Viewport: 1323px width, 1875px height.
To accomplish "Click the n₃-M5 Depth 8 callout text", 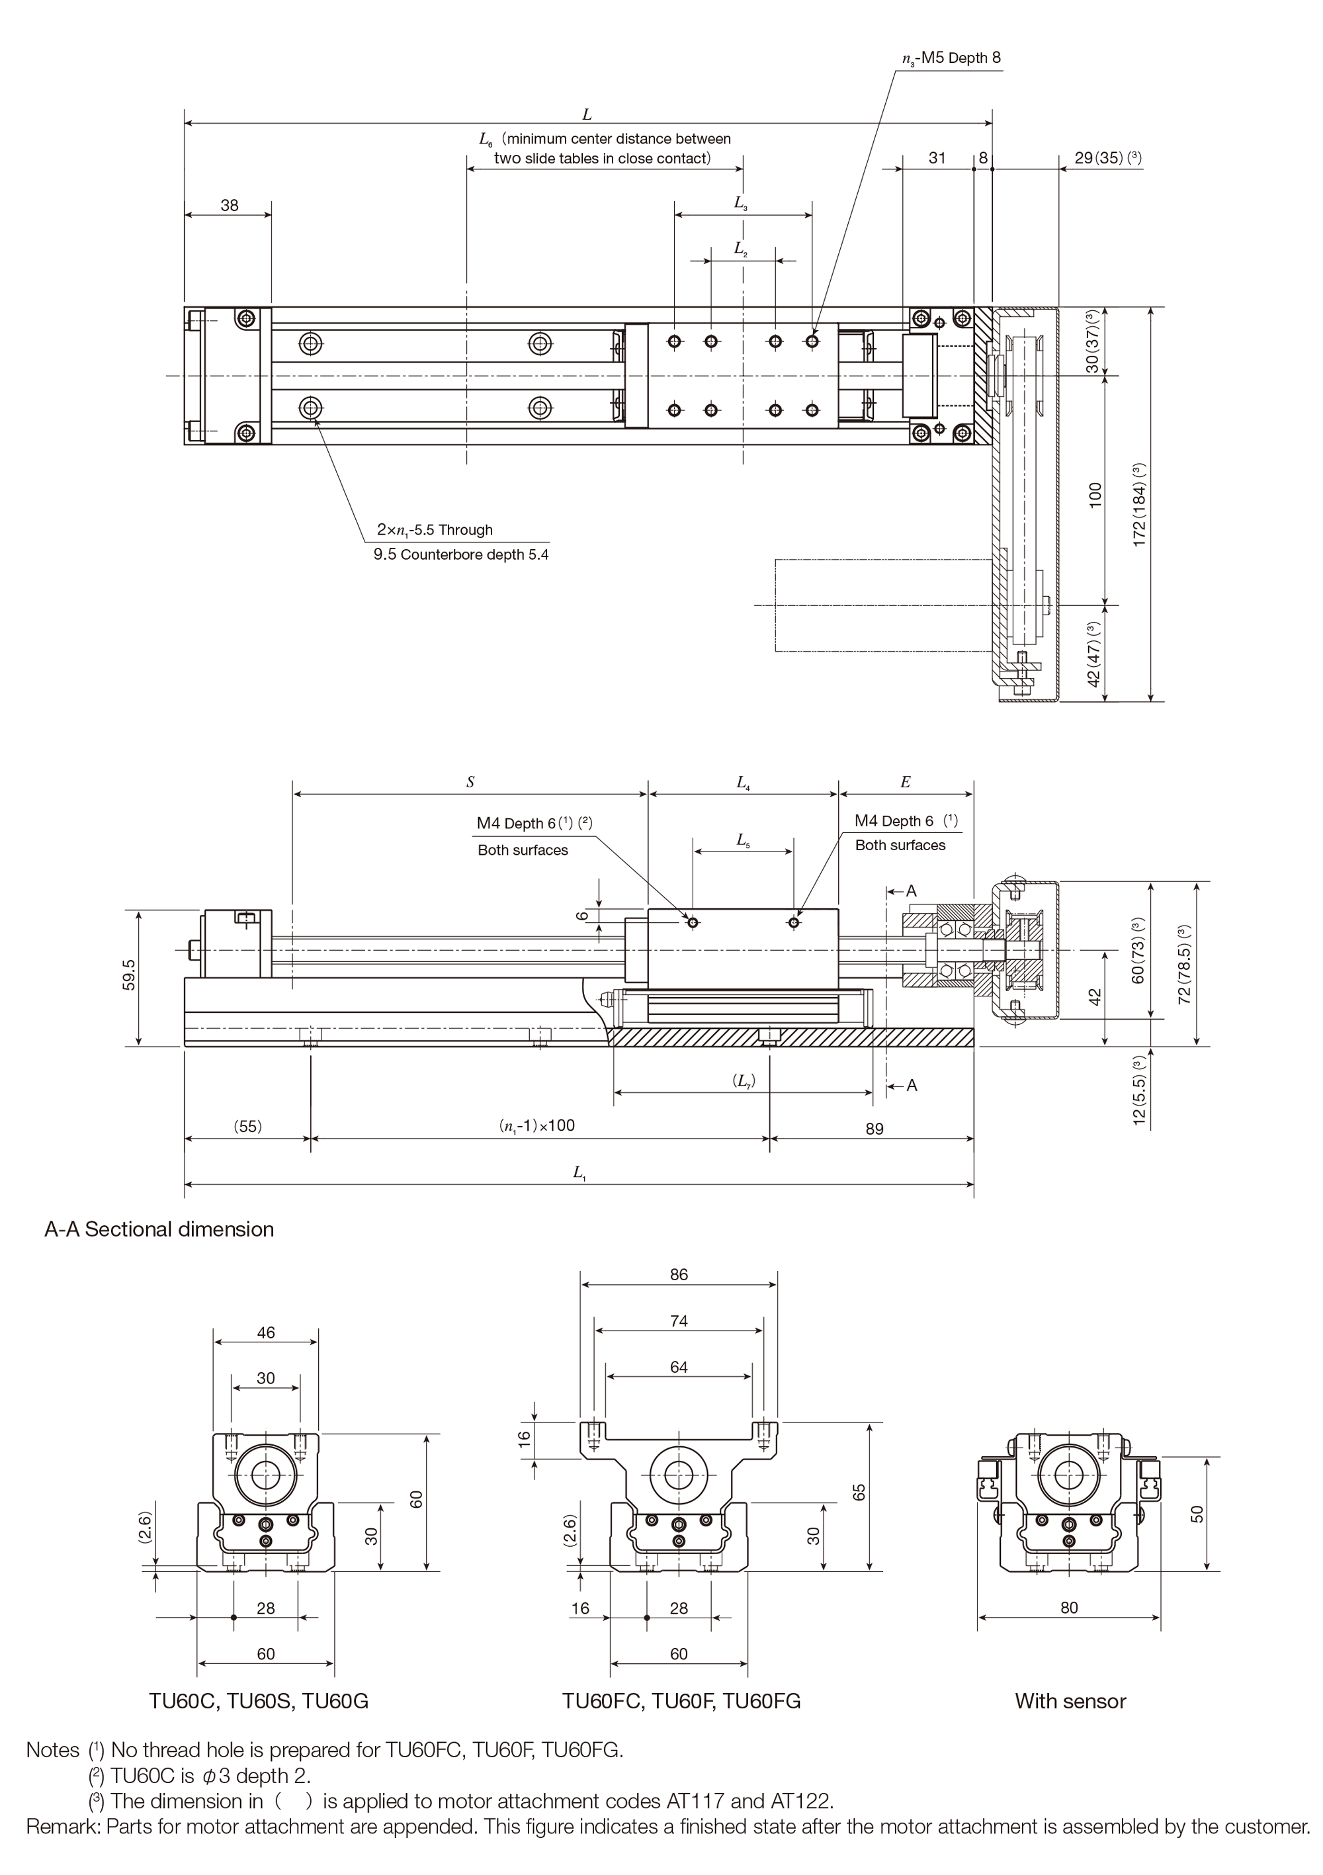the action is [x=951, y=58].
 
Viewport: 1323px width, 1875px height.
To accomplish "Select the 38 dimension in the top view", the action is [x=230, y=205].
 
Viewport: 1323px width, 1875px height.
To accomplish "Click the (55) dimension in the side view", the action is [x=247, y=1126].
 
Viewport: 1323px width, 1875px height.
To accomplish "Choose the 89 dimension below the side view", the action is [x=874, y=1129].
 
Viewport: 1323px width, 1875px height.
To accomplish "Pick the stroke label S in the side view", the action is [x=470, y=782].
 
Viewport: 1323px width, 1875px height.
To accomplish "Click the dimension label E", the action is [x=905, y=782].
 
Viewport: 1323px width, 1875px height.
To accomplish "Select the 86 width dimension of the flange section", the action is [x=679, y=1275].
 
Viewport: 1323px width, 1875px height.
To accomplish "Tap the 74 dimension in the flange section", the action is [x=679, y=1321].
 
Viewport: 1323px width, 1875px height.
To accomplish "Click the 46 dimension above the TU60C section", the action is [x=266, y=1332].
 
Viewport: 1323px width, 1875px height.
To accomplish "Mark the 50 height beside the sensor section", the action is [x=1197, y=1513].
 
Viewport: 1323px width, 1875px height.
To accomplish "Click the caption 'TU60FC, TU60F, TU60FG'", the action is [x=681, y=1701].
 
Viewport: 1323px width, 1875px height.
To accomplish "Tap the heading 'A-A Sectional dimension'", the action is [x=159, y=1229].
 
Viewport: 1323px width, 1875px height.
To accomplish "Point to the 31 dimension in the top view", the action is [x=937, y=157].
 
